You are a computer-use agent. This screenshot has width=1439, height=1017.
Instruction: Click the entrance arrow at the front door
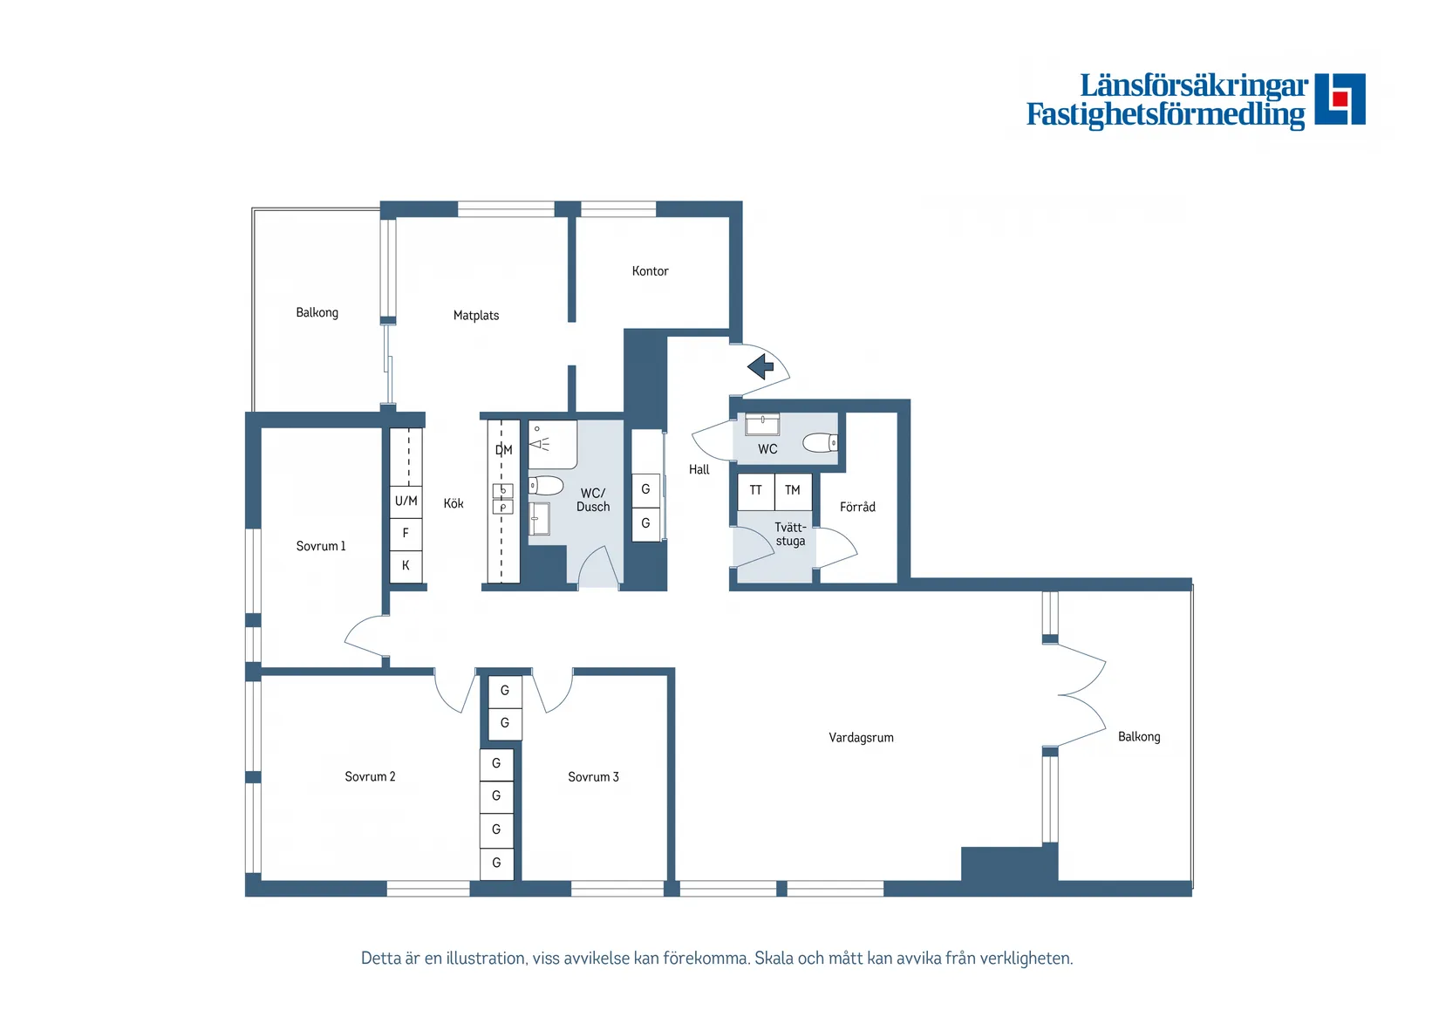(x=761, y=366)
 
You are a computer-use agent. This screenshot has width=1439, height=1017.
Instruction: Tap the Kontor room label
(x=650, y=271)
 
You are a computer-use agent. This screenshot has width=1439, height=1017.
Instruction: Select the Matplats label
(x=476, y=316)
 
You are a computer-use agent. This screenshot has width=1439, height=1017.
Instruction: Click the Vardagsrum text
(x=861, y=738)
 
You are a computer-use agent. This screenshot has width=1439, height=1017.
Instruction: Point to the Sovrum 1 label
(x=321, y=547)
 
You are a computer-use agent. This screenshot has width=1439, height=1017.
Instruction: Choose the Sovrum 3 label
(x=593, y=777)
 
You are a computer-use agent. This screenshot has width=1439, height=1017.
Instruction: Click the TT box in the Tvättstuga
(x=755, y=491)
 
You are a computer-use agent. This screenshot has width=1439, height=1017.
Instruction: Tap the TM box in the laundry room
(x=793, y=491)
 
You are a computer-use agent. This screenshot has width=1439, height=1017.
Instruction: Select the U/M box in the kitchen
(x=406, y=502)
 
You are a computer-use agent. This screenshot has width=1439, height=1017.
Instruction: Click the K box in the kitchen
(x=406, y=566)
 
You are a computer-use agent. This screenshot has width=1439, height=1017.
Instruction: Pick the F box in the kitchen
(x=406, y=533)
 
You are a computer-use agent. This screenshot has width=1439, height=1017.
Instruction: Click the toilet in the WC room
(x=820, y=443)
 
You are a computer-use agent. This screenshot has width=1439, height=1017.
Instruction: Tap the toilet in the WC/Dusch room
(x=547, y=485)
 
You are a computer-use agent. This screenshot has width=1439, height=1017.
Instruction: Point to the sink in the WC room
(x=762, y=425)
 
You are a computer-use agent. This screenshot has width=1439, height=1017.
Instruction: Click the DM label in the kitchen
(x=503, y=450)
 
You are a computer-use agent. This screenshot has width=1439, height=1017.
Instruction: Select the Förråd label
(x=857, y=508)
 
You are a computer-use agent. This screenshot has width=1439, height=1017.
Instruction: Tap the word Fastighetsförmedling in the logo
(x=1165, y=115)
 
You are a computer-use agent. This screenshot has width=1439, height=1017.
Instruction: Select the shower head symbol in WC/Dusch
(x=539, y=444)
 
